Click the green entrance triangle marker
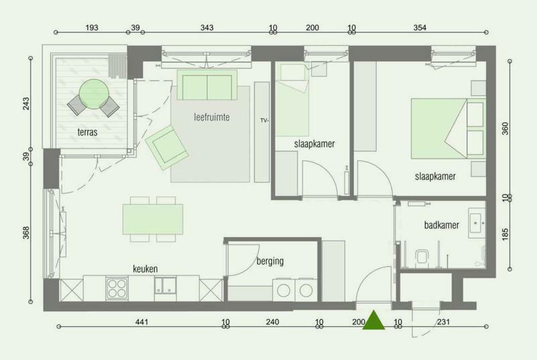pyautogui.click(x=374, y=320)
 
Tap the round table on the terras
pyautogui.click(x=94, y=94)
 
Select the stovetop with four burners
pyautogui.click(x=117, y=288)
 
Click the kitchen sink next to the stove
pyautogui.click(x=165, y=285)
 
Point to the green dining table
pyautogui.click(x=153, y=219)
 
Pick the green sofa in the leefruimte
pyautogui.click(x=207, y=85)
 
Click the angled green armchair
pyautogui.click(x=166, y=147)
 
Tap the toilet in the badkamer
pyautogui.click(x=422, y=258)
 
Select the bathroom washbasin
pyautogui.click(x=477, y=222)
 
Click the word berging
pyautogui.click(x=271, y=261)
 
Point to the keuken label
pyautogui.click(x=145, y=269)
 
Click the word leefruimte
pyautogui.click(x=211, y=117)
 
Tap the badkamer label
pyautogui.click(x=442, y=225)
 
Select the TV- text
pyautogui.click(x=264, y=120)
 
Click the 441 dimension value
pyautogui.click(x=142, y=322)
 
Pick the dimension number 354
pyautogui.click(x=420, y=28)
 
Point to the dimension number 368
pyautogui.click(x=26, y=232)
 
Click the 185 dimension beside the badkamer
pyautogui.click(x=505, y=234)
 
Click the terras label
pyautogui.click(x=87, y=132)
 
